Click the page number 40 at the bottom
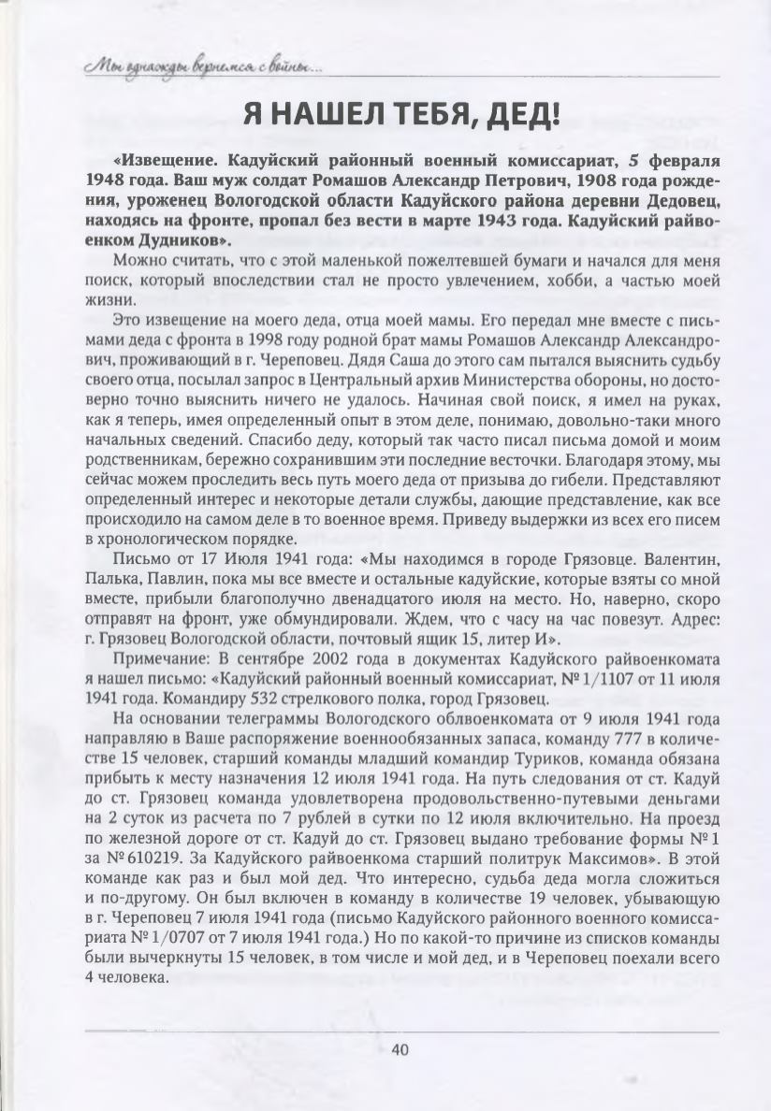point(400,1049)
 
